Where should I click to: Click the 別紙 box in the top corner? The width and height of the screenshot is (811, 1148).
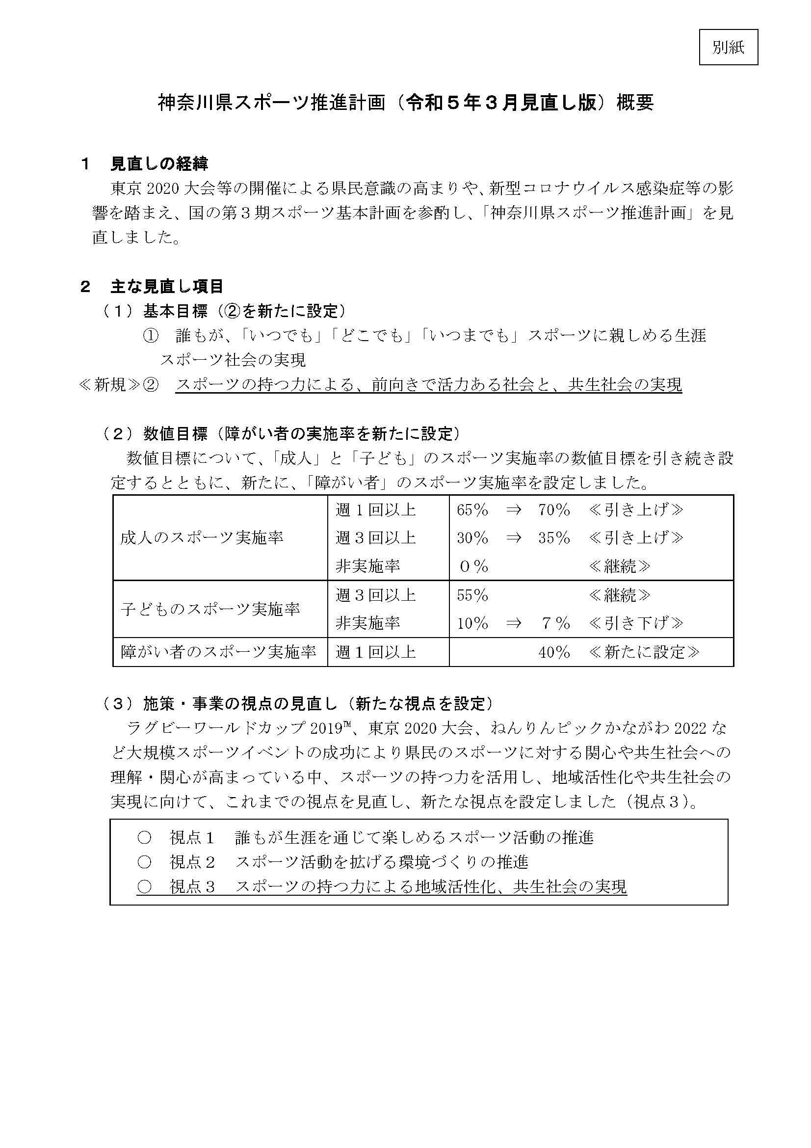point(728,48)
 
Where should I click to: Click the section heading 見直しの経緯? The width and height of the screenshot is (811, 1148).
point(159,163)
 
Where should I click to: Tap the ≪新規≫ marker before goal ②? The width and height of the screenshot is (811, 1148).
point(110,385)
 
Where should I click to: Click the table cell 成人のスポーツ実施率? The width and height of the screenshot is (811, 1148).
point(202,538)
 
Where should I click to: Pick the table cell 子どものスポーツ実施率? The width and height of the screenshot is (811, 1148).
point(210,609)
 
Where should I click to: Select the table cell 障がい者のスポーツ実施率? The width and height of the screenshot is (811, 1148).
point(218,652)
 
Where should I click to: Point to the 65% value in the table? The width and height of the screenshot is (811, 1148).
point(472,510)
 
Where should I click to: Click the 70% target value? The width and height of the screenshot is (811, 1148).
point(554,510)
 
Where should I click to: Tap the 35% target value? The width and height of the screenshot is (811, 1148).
point(554,538)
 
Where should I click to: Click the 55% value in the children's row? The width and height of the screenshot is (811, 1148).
point(472,595)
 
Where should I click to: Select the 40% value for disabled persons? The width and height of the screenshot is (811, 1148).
point(554,652)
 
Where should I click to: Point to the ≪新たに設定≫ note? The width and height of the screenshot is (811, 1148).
point(644,652)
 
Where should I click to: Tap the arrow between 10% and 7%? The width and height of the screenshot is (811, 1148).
point(514,623)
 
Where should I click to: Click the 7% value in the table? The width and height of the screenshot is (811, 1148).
point(556,623)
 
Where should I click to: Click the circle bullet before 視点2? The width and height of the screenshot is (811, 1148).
point(144,862)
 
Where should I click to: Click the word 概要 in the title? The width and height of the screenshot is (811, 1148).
point(634,103)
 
